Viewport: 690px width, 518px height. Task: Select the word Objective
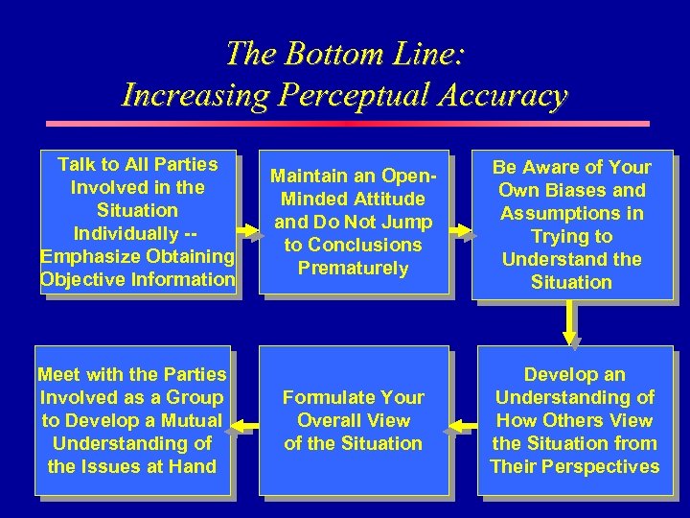pyautogui.click(x=81, y=279)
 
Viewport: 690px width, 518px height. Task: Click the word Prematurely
pyautogui.click(x=353, y=269)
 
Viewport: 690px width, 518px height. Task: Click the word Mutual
pyautogui.click(x=190, y=420)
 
